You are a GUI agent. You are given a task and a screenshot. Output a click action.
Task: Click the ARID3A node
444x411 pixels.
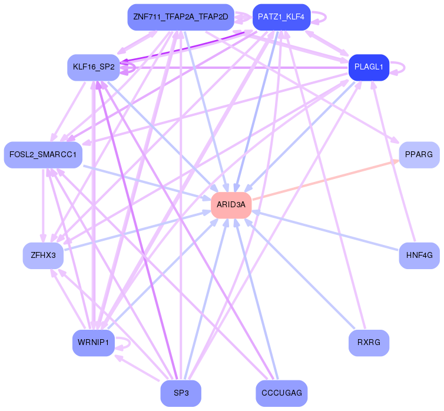pyautogui.click(x=231, y=204)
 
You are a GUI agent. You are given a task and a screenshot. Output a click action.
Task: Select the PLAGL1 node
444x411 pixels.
pyautogui.click(x=369, y=67)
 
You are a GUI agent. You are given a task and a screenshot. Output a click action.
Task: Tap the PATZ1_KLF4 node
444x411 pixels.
pyautogui.click(x=281, y=17)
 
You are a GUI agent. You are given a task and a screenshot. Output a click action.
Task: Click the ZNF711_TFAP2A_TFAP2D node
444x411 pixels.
pyautogui.click(x=180, y=17)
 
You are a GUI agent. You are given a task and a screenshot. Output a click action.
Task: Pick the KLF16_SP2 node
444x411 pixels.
pyautogui.click(x=94, y=67)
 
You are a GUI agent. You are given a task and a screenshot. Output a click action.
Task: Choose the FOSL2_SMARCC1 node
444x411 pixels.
pyautogui.click(x=43, y=154)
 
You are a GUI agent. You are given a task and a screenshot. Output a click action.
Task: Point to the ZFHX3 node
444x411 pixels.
pyautogui.click(x=43, y=255)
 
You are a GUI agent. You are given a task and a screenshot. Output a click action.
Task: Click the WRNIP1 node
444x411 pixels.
pyautogui.click(x=93, y=343)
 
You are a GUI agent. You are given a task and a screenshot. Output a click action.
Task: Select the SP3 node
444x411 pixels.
pyautogui.click(x=181, y=393)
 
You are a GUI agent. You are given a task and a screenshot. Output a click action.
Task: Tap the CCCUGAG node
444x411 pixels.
pyautogui.click(x=281, y=393)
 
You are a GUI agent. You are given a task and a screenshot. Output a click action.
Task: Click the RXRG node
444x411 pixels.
pyautogui.click(x=369, y=343)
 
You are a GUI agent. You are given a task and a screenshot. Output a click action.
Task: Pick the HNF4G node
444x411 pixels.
pyautogui.click(x=419, y=255)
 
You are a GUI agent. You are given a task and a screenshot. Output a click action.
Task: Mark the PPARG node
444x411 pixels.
pyautogui.click(x=419, y=154)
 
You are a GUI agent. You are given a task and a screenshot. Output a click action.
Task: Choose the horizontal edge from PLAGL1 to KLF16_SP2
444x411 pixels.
pyautogui.click(x=236, y=68)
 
